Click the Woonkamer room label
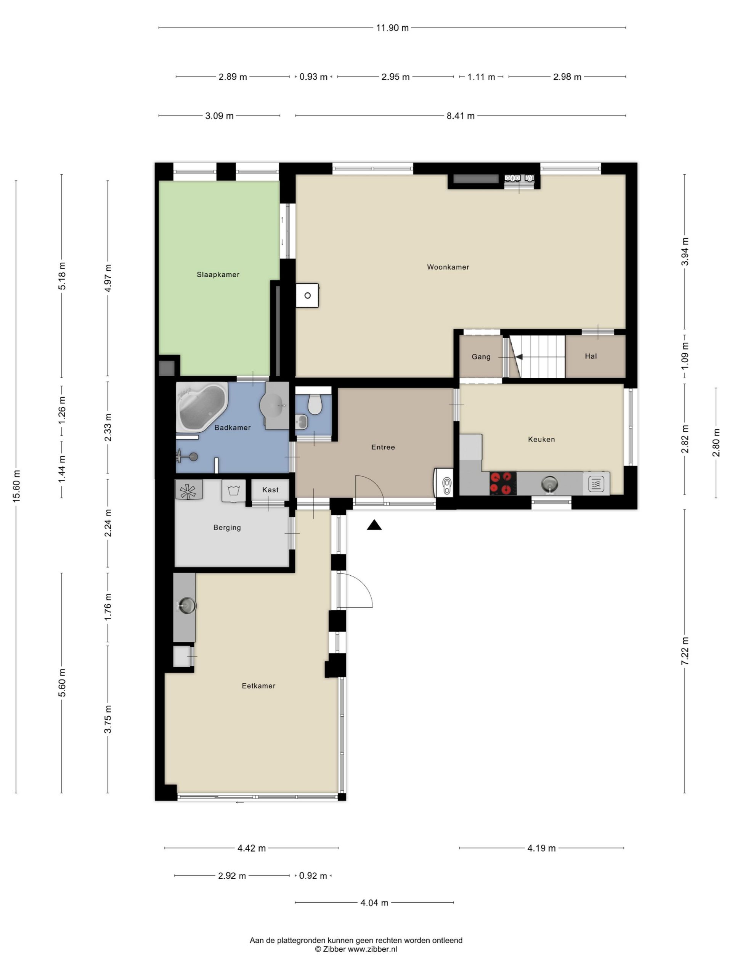coord(448,267)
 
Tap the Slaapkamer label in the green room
coord(218,274)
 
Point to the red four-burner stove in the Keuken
coord(503,483)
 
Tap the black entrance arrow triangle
coord(374,525)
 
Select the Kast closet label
coord(270,490)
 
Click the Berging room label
coord(227,528)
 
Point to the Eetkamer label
coord(258,685)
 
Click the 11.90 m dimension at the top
coord(392,28)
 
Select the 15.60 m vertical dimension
coord(16,486)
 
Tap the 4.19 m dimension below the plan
coord(541,848)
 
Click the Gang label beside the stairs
coord(481,356)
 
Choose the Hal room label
coord(591,356)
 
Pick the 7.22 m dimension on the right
coord(684,651)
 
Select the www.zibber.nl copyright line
coord(356,949)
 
